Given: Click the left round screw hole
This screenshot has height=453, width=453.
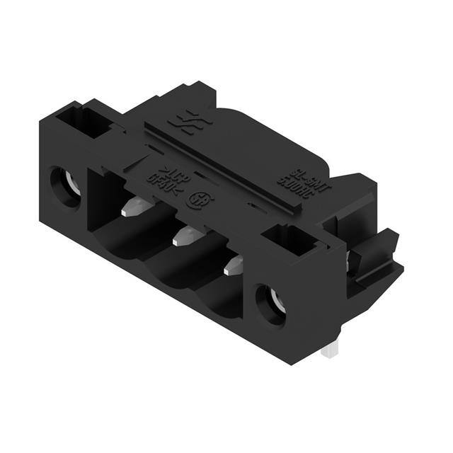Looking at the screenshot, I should [66, 186].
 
